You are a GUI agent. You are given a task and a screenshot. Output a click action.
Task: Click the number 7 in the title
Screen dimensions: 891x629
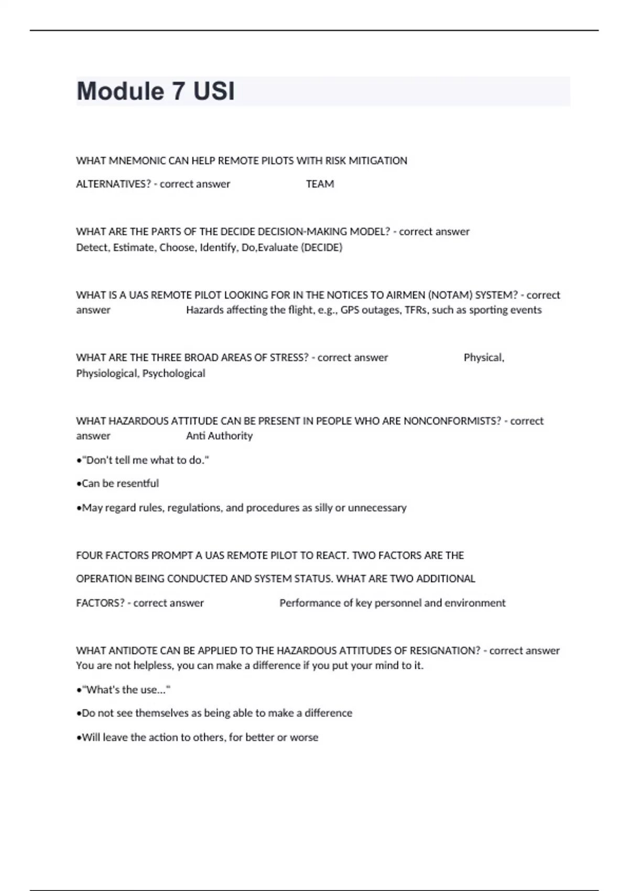tap(178, 91)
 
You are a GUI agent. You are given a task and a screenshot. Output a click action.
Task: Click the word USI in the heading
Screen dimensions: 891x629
tap(214, 91)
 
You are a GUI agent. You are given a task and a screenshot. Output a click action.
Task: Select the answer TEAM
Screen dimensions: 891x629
tap(320, 184)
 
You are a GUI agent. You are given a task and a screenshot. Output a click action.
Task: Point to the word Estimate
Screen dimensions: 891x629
tap(133, 247)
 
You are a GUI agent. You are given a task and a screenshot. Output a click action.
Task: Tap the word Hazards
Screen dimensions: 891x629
tap(205, 310)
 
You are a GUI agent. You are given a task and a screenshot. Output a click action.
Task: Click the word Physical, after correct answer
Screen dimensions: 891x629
tap(483, 357)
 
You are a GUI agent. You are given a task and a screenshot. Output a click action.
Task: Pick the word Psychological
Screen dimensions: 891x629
tap(173, 373)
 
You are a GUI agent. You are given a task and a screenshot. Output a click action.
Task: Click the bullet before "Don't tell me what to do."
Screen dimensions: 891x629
tap(79, 460)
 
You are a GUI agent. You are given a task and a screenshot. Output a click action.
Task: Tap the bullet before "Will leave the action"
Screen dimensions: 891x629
tap(79, 737)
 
